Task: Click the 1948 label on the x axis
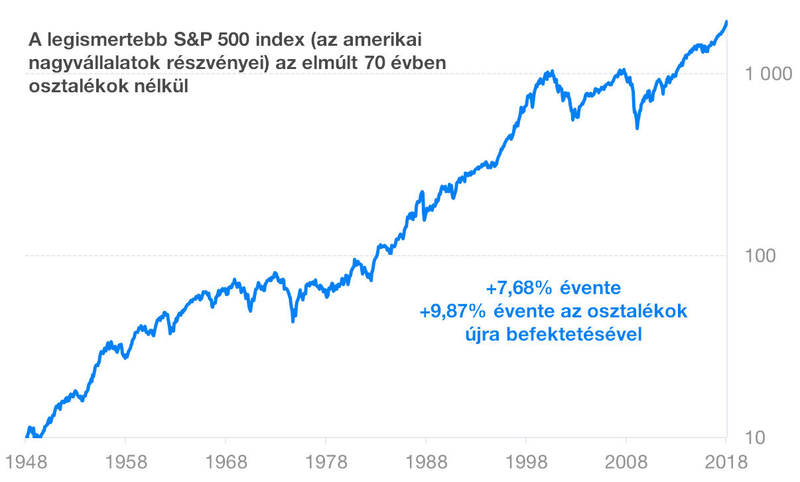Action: [25, 461]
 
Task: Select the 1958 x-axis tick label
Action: [125, 461]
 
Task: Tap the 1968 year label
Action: [225, 461]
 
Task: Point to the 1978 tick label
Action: [325, 461]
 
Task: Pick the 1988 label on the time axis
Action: [425, 461]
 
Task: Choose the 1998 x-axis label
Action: [525, 461]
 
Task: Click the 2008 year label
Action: [626, 461]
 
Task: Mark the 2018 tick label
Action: [726, 461]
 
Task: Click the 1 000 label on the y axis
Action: [768, 74]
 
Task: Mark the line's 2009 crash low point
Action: [637, 128]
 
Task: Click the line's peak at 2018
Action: [727, 22]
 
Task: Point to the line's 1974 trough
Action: [293, 321]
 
